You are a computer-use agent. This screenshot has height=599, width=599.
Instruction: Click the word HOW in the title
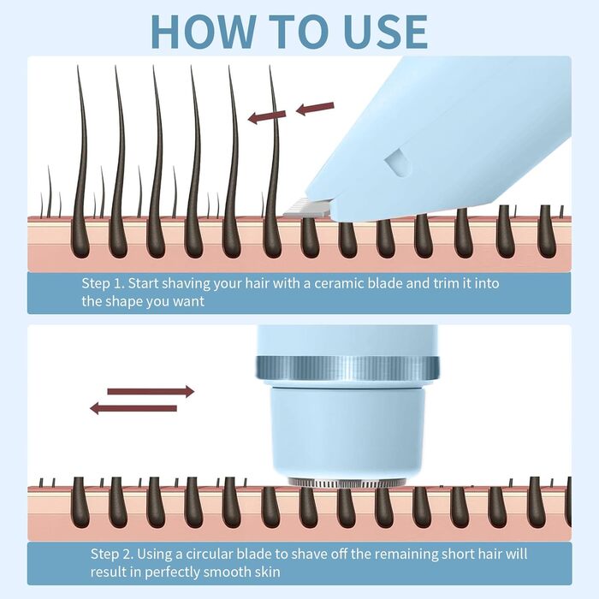tap(204, 32)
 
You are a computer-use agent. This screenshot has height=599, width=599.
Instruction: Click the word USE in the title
tap(386, 32)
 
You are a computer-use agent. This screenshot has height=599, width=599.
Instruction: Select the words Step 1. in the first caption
tap(103, 283)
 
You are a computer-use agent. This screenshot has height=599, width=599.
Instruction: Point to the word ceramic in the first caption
tap(338, 283)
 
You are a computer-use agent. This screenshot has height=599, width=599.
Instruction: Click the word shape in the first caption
tap(137, 301)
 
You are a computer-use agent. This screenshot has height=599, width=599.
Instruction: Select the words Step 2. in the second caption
tap(112, 554)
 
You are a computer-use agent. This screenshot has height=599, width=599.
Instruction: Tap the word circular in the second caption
tap(207, 554)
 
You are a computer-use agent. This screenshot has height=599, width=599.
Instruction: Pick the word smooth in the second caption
tap(227, 572)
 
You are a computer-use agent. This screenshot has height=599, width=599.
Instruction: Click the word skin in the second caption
tap(267, 572)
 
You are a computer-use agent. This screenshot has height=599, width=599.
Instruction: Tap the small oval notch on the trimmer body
tap(398, 163)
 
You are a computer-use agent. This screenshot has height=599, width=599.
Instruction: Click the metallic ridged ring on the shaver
tap(347, 368)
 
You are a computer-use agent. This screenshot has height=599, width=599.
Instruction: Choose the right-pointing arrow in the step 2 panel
tap(151, 391)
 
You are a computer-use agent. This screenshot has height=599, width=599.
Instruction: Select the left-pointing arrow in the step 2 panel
tap(133, 408)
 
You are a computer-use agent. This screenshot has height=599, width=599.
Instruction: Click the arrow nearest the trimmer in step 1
tap(315, 109)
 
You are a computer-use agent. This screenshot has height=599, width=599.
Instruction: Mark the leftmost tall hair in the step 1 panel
tap(81, 161)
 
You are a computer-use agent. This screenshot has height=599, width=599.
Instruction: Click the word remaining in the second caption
tap(401, 555)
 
